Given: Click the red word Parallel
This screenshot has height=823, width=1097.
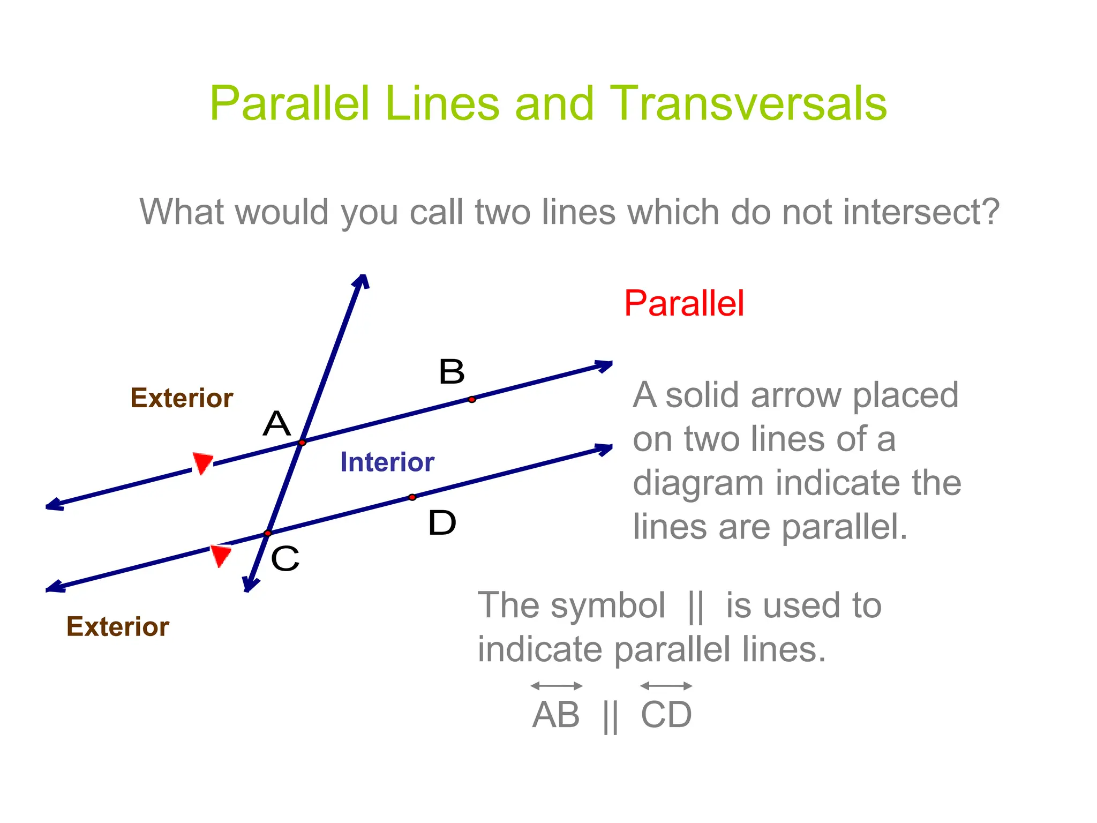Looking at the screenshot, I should (684, 304).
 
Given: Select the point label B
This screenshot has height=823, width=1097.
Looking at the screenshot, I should (451, 372).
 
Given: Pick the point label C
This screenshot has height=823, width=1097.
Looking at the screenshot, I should (284, 559).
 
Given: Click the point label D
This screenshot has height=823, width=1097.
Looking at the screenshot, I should (442, 523).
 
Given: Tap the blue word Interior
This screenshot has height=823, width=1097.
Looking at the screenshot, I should (387, 462).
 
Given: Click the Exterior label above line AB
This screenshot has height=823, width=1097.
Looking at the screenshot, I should (182, 398).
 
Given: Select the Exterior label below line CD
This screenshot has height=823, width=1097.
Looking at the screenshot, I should (118, 626).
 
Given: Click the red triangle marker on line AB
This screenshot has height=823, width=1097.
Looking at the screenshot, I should (202, 462).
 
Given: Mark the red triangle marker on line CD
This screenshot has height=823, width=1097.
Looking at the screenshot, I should (221, 555).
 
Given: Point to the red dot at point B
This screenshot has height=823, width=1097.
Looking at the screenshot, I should (471, 399).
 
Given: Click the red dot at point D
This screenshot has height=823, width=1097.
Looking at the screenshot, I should (412, 497).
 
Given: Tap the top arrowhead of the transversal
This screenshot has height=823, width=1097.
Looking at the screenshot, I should (363, 281).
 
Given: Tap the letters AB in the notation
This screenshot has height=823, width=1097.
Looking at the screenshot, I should (556, 715).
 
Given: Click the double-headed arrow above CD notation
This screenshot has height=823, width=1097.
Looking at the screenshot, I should (666, 686).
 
